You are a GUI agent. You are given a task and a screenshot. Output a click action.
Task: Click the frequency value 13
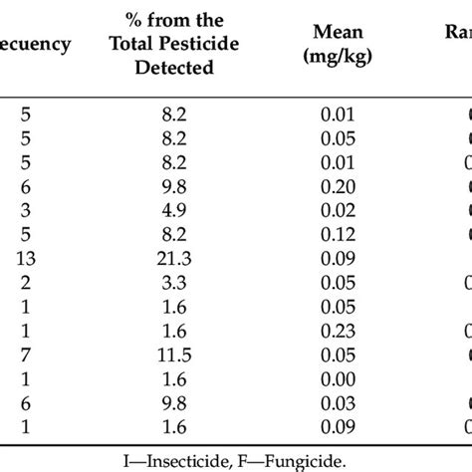(26, 257)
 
